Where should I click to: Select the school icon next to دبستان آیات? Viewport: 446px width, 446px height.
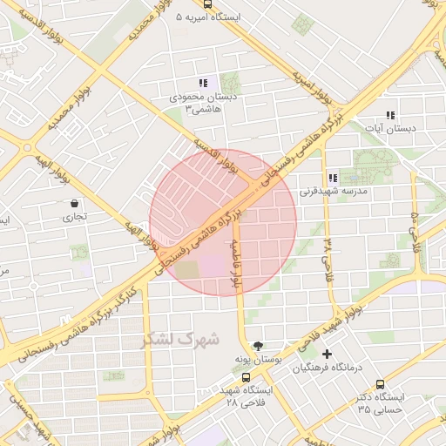(390, 115)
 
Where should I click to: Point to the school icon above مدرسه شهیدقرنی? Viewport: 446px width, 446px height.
(333, 178)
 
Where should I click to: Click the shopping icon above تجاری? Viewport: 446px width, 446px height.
(74, 204)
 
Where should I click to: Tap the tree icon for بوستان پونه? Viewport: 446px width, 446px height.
(257, 346)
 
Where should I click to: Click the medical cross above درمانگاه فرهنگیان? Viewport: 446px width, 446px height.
(327, 354)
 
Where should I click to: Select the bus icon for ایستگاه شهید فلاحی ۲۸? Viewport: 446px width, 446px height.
(247, 378)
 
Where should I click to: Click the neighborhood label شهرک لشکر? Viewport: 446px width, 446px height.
(183, 338)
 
